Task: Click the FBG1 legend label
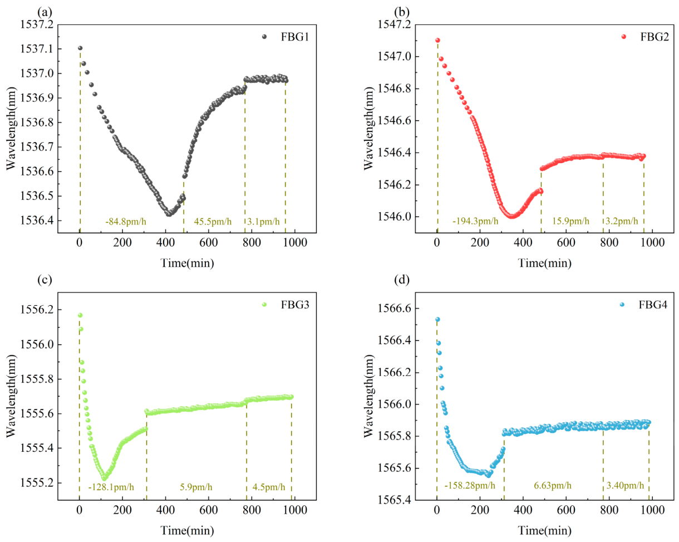294,37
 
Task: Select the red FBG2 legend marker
623,37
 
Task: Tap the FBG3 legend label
294,305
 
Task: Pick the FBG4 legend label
653,305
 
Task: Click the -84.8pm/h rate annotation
126,221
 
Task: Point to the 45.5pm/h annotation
213,221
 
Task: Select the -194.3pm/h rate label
475,221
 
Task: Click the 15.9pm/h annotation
570,221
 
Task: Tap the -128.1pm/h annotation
111,487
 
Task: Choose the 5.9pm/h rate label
196,487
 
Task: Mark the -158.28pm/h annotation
470,486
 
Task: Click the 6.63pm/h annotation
553,486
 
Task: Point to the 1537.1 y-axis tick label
37,49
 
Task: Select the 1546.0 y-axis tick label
395,217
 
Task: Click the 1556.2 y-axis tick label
37,310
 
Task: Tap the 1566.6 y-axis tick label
395,308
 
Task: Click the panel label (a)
45,12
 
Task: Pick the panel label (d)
402,280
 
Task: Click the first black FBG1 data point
80,48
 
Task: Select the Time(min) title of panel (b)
544,263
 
